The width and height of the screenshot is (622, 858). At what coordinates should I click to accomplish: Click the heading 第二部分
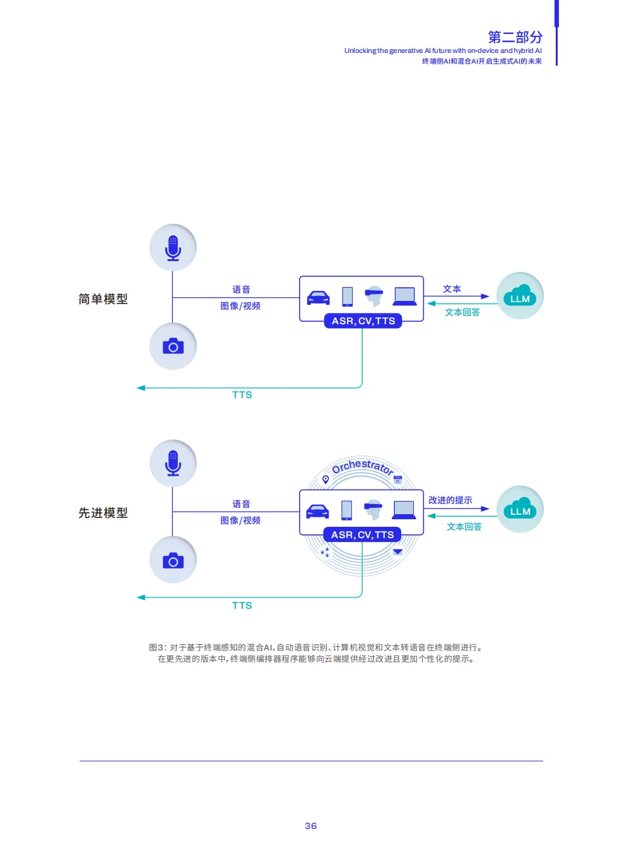click(x=515, y=37)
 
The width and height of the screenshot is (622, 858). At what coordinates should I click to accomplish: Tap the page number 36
click(x=310, y=825)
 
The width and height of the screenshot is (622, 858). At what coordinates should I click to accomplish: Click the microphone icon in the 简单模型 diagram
click(x=173, y=248)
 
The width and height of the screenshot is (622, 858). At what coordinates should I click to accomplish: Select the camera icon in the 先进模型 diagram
click(x=173, y=561)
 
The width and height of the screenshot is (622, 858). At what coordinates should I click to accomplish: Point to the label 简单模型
click(x=103, y=299)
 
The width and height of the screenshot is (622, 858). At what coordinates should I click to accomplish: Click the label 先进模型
click(x=103, y=512)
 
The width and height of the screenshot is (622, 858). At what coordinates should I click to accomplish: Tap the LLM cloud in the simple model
click(x=520, y=296)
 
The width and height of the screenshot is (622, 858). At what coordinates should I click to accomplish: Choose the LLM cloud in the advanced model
click(x=520, y=508)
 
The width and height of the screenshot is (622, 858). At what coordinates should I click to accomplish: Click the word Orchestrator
click(x=362, y=466)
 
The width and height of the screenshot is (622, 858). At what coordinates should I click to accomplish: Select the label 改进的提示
click(x=450, y=500)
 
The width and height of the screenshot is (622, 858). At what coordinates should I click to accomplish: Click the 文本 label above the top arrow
click(x=452, y=289)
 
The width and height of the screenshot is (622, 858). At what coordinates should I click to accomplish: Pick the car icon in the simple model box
click(x=319, y=298)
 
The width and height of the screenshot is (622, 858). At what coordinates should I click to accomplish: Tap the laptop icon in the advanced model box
click(x=404, y=510)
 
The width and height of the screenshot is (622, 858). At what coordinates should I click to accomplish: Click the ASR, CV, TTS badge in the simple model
click(x=363, y=320)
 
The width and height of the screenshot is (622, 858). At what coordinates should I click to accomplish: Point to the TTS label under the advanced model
click(x=242, y=605)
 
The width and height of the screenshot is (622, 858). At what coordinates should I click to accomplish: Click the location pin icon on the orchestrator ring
click(x=326, y=479)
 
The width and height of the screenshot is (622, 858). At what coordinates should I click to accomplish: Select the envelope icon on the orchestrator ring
click(x=397, y=552)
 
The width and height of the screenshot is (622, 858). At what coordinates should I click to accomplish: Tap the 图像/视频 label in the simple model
click(x=240, y=305)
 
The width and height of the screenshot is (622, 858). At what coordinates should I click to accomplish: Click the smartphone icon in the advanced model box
click(x=346, y=510)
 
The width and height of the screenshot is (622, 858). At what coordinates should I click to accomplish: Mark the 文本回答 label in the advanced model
click(x=464, y=527)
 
